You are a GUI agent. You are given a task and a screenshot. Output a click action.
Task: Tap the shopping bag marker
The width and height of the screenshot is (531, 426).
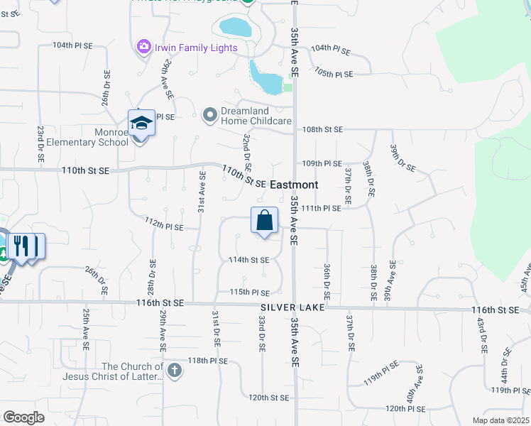(264, 221)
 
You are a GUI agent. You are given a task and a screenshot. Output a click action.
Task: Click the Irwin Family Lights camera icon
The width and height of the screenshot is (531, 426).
(144, 47)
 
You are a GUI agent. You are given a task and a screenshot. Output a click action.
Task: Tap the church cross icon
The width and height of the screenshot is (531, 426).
(175, 370)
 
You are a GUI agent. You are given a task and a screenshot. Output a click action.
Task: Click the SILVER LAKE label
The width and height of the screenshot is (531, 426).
(292, 307)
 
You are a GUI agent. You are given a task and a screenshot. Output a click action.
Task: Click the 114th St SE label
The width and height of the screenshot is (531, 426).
(248, 260)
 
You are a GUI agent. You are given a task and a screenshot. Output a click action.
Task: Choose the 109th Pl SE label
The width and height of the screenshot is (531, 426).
(322, 163)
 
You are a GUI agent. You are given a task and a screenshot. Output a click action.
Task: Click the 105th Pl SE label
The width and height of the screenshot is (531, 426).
(334, 74)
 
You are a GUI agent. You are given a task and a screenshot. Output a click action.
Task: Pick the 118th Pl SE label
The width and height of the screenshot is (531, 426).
(208, 361)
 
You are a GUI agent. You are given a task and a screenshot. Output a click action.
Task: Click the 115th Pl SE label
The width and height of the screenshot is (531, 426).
(249, 292)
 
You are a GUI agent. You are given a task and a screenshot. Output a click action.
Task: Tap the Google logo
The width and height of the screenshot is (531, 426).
(23, 417)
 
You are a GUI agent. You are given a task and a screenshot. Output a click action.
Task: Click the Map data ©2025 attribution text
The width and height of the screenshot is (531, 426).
(500, 420)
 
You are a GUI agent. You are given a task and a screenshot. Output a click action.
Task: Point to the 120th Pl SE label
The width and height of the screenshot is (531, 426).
(405, 409)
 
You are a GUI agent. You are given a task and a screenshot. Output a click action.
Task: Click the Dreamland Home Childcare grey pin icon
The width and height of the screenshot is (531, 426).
(209, 114)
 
